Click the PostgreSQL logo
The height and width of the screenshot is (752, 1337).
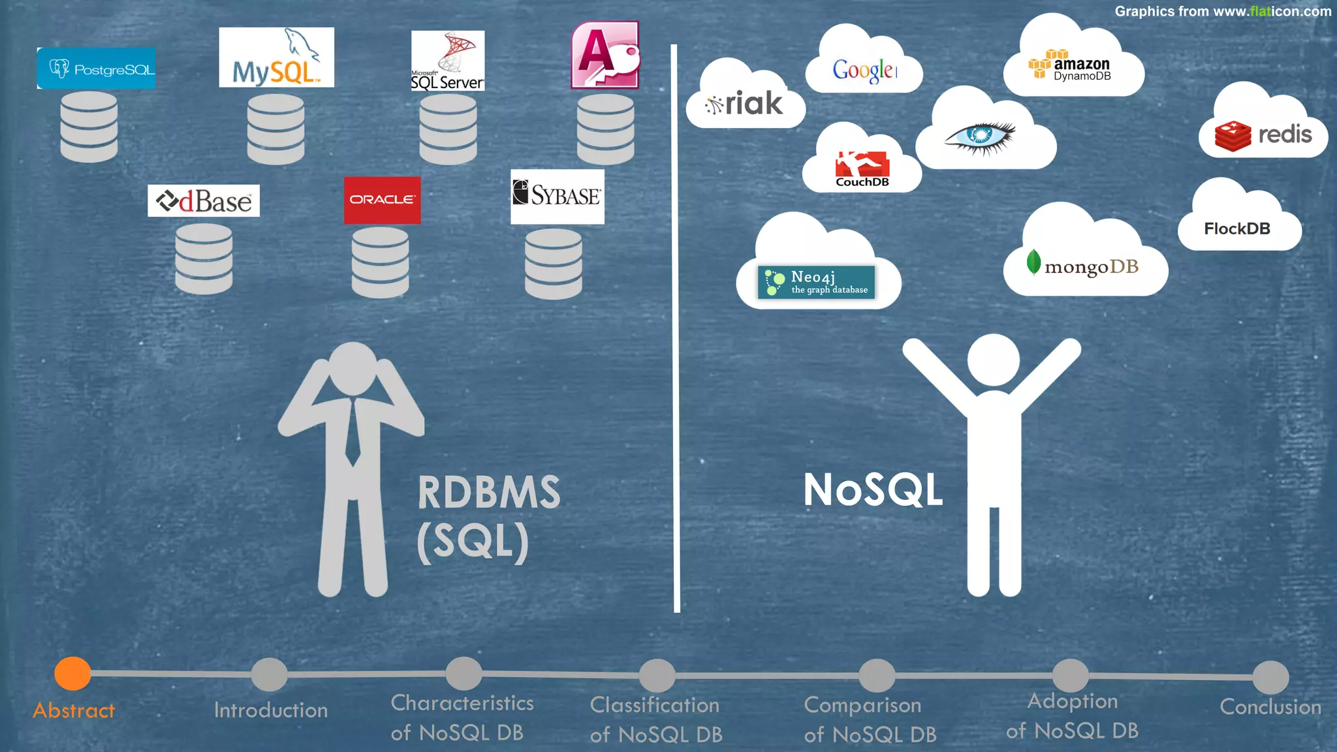tap(97, 69)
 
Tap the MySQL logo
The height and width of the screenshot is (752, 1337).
tap(276, 57)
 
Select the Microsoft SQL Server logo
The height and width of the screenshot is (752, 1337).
tap(448, 61)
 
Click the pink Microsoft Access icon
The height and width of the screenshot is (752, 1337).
tap(605, 55)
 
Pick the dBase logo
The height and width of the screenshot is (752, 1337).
tap(204, 201)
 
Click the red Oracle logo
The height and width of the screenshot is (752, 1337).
tap(382, 200)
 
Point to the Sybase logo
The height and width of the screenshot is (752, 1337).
tap(557, 196)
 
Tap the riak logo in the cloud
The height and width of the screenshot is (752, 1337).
tap(745, 104)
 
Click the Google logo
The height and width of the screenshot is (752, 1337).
tap(864, 69)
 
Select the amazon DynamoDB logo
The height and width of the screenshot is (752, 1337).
tap(1070, 65)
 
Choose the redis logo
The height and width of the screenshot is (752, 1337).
tap(1263, 135)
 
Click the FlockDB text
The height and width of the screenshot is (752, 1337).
tap(1237, 228)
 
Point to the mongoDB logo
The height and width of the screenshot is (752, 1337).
tap(1083, 265)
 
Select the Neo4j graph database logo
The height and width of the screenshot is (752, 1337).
tap(816, 282)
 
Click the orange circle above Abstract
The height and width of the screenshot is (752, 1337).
tap(72, 673)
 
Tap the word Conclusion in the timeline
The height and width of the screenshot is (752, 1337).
tap(1270, 707)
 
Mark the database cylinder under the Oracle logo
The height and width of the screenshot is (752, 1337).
tap(380, 262)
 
